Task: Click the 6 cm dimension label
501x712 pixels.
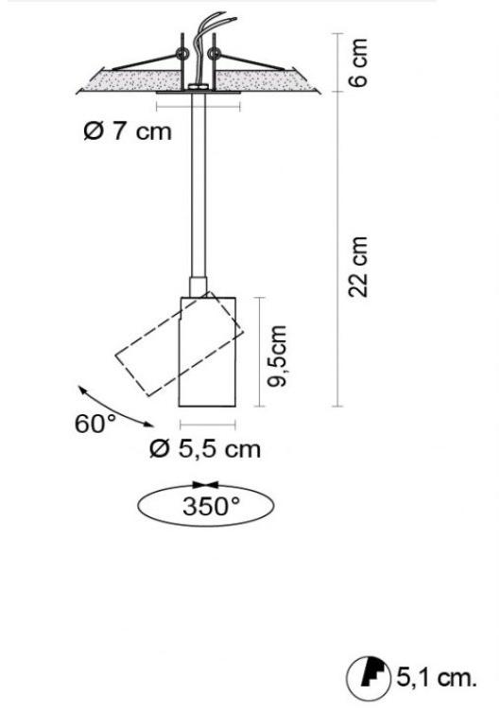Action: coord(358,62)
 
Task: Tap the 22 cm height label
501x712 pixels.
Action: coord(358,267)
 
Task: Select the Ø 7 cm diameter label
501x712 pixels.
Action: coord(128,131)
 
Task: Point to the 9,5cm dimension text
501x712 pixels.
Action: coord(278,356)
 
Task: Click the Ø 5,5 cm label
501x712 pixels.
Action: coord(205,449)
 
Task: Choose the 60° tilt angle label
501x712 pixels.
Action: coord(95,424)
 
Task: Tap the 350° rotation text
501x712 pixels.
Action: coord(211,506)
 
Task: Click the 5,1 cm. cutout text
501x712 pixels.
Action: coord(437,678)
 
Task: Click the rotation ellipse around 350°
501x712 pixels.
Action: coord(205,527)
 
